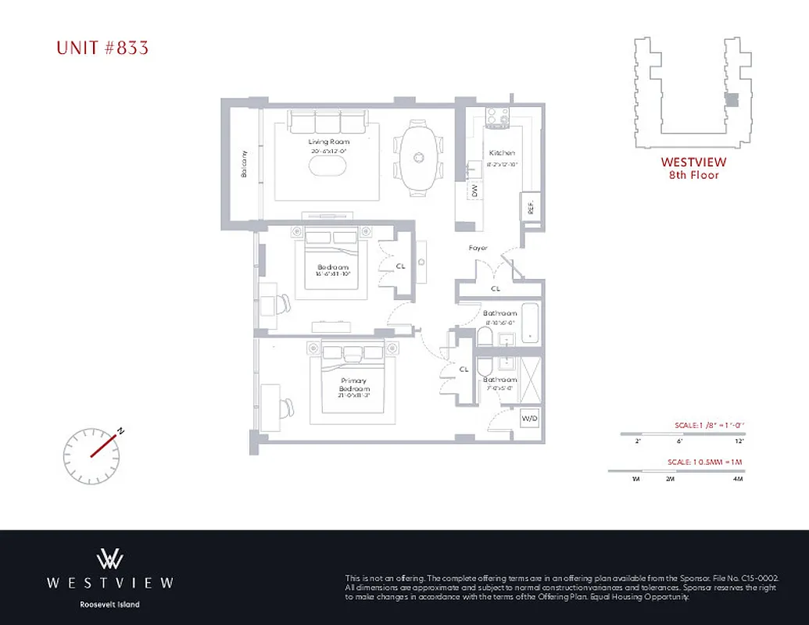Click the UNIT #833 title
click(x=102, y=48)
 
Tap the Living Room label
click(x=328, y=141)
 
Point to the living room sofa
click(x=328, y=121)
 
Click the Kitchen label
click(x=501, y=153)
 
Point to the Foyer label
click(x=478, y=248)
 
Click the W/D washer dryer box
click(x=529, y=419)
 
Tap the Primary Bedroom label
click(x=353, y=385)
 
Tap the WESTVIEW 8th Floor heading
click(x=693, y=168)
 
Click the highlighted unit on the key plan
click(x=732, y=100)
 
